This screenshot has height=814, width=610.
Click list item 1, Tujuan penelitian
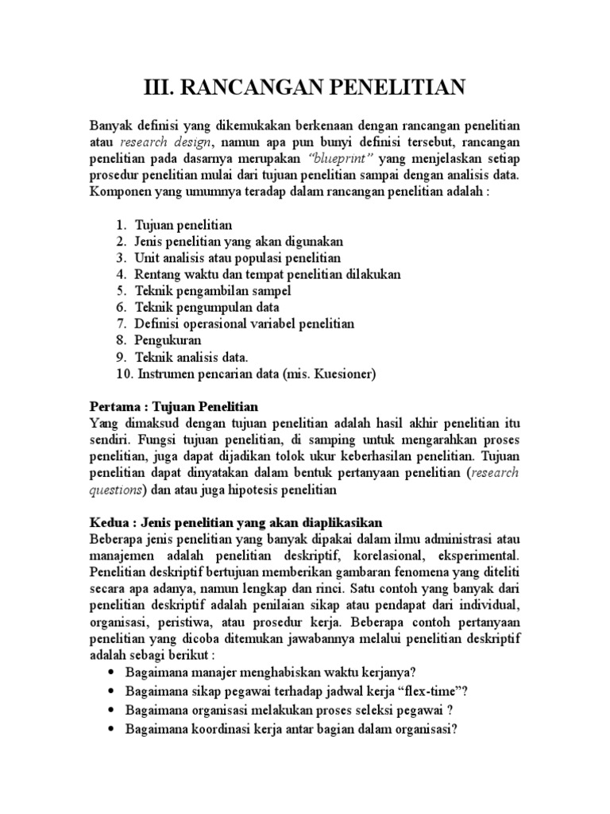click(183, 225)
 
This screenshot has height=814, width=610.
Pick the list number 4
click(121, 273)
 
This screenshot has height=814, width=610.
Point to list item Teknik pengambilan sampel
click(214, 290)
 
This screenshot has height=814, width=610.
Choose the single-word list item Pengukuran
click(169, 339)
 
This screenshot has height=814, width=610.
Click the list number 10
click(122, 371)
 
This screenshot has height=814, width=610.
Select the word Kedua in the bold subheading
click(108, 522)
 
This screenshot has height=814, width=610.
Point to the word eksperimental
click(479, 554)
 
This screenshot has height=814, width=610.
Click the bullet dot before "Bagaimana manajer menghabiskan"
click(109, 673)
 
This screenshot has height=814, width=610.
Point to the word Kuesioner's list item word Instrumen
click(166, 371)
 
